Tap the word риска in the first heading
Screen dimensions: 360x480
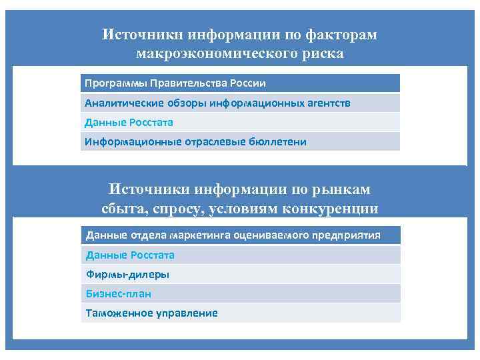(x=322, y=53)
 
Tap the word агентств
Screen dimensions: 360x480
(x=325, y=103)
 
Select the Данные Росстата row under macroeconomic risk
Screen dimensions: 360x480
(x=128, y=122)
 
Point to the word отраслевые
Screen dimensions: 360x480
(x=211, y=141)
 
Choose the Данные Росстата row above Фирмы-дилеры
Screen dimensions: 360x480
(x=129, y=255)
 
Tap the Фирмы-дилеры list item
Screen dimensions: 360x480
(x=127, y=274)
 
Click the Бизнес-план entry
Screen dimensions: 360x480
(x=118, y=293)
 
